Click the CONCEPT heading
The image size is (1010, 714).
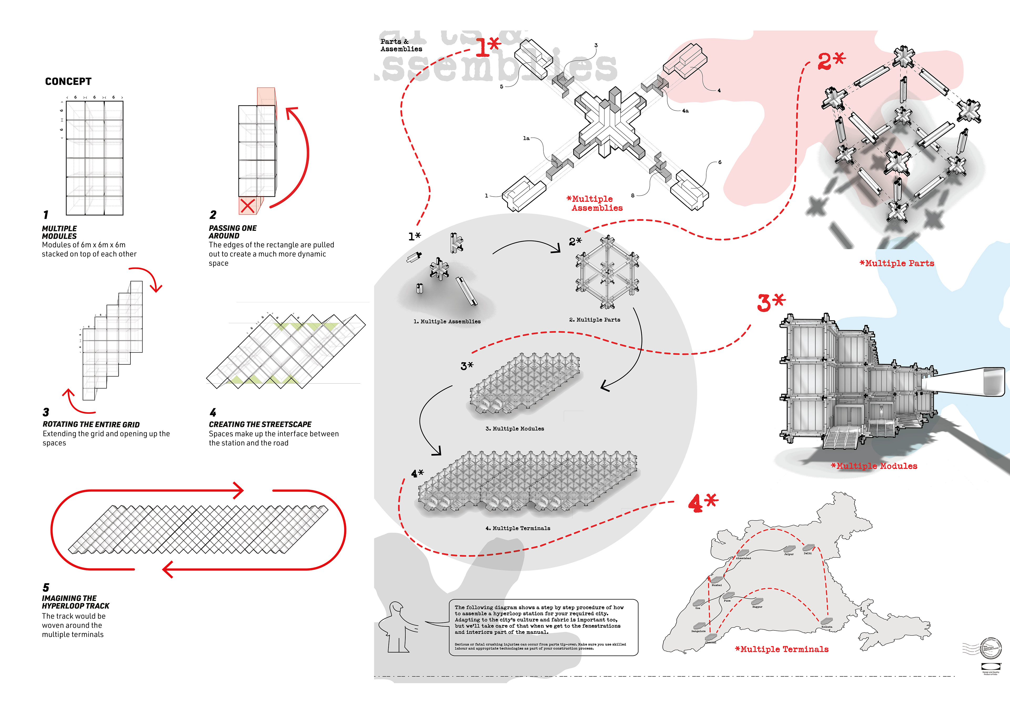click(x=68, y=81)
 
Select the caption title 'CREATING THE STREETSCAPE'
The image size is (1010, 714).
click(x=260, y=424)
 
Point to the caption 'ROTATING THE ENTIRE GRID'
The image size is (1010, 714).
click(x=91, y=424)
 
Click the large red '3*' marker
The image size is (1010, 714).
click(x=771, y=303)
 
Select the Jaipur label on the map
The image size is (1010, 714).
click(x=789, y=554)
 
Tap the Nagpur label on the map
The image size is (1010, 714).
click(x=757, y=607)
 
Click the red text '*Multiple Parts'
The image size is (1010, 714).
click(x=897, y=263)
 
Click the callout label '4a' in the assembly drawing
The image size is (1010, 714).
click(x=685, y=111)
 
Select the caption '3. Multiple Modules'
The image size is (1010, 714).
click(x=515, y=429)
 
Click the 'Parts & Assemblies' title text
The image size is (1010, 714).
click(x=401, y=45)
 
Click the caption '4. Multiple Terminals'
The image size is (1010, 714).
click(x=518, y=528)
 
